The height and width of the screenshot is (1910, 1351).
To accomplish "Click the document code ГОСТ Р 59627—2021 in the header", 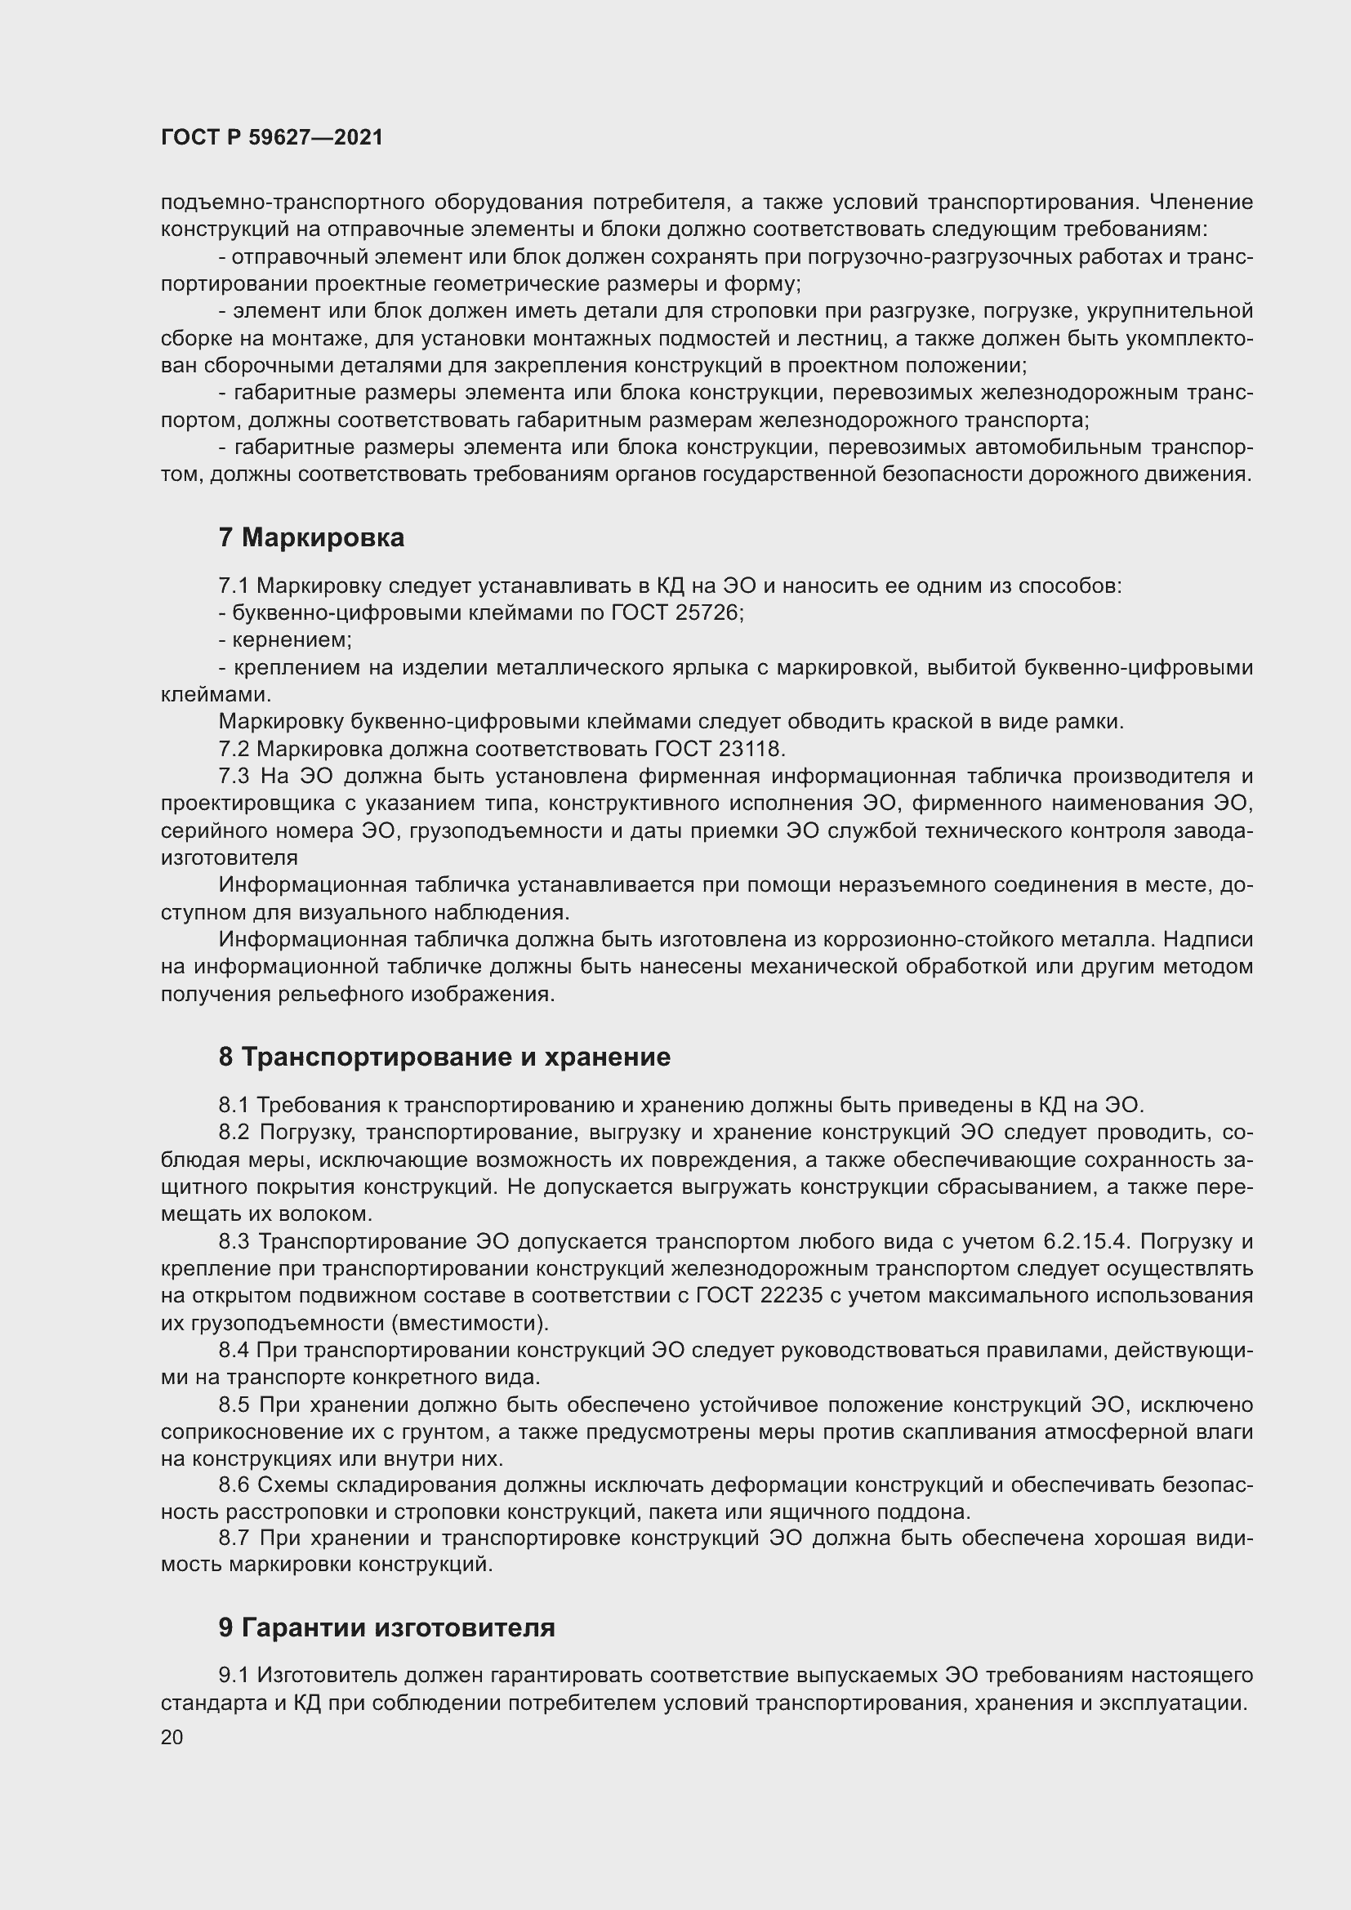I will click(x=271, y=137).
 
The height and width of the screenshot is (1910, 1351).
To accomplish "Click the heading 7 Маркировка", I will click(x=311, y=537).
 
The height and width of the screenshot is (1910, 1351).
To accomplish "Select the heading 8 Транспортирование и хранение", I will click(x=444, y=1057).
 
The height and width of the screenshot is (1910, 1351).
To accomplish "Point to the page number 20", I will click(x=172, y=1737).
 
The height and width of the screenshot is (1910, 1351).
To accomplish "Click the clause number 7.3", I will click(x=234, y=776).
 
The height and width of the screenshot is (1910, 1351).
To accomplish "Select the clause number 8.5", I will click(x=234, y=1405).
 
